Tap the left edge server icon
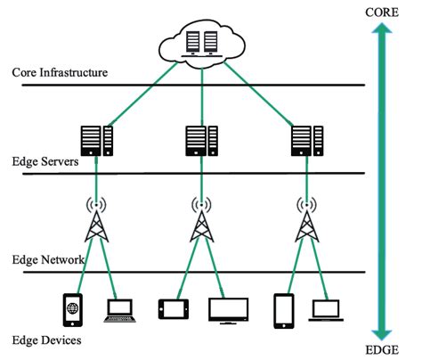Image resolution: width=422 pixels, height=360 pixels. click(97, 140)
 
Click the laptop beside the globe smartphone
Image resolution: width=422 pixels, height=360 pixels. click(121, 310)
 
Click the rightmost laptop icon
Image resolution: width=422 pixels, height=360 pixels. click(326, 310)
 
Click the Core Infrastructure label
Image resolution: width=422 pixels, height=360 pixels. click(61, 71)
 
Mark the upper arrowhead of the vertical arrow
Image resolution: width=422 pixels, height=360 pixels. click(382, 32)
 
